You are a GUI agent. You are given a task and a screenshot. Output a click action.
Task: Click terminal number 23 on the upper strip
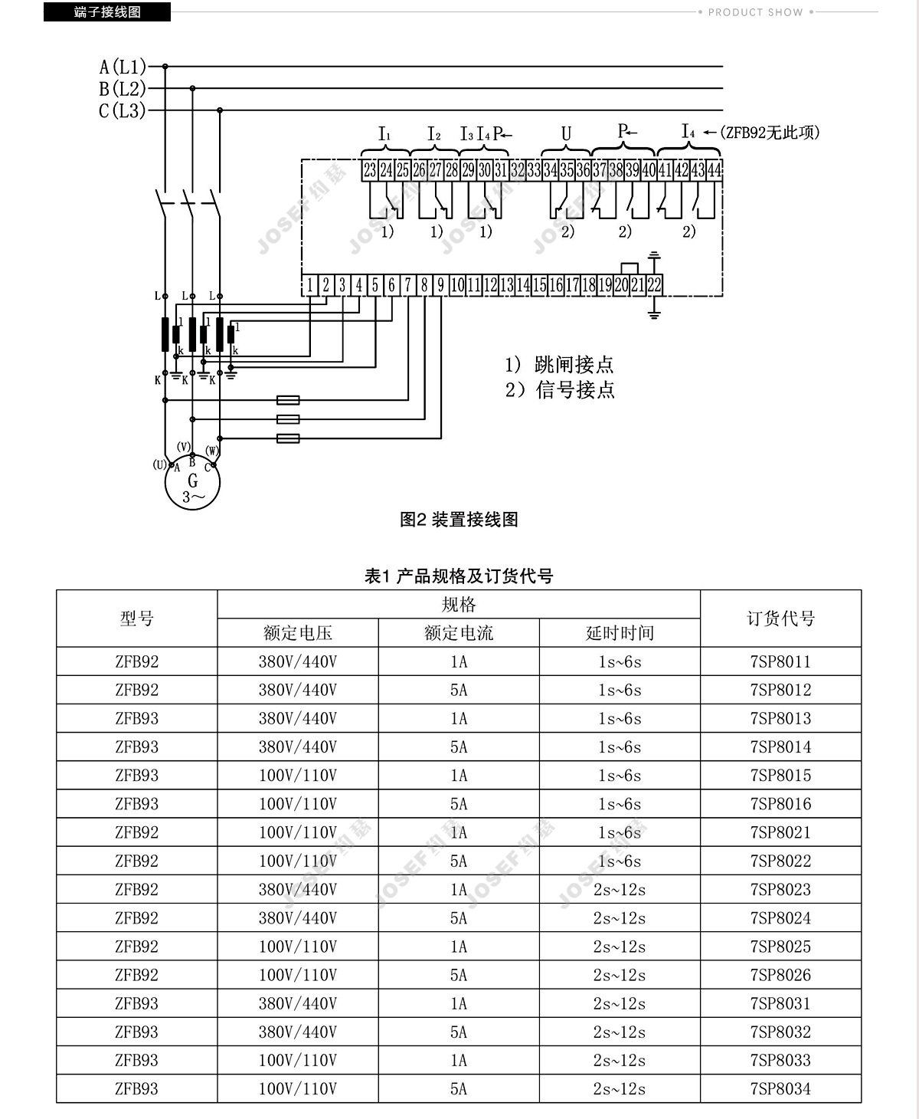tap(370, 170)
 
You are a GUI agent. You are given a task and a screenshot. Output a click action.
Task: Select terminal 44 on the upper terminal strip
tap(715, 170)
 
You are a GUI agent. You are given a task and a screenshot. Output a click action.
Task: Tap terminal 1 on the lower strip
tap(309, 285)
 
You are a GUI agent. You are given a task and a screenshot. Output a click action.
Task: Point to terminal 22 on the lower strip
tap(654, 285)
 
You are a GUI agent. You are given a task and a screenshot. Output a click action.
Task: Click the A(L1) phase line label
tap(123, 67)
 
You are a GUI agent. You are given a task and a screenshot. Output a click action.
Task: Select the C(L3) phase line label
tap(122, 110)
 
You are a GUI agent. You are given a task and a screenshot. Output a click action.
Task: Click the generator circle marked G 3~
tap(192, 482)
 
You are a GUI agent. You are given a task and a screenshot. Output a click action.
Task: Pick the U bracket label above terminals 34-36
tap(567, 133)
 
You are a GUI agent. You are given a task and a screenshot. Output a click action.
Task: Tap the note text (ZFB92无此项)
tap(770, 132)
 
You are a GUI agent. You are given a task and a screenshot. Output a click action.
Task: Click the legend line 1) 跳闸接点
tap(560, 365)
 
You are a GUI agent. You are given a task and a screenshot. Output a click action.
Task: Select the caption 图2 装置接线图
tap(459, 520)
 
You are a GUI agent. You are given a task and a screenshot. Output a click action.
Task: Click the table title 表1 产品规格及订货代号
tap(459, 576)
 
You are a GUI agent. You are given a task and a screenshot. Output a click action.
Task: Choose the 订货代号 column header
tap(780, 618)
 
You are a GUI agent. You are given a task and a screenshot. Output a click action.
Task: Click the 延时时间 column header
tap(620, 632)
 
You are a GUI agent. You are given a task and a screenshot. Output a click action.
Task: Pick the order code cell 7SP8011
tap(780, 661)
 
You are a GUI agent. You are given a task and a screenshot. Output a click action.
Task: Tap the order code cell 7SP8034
tap(780, 1089)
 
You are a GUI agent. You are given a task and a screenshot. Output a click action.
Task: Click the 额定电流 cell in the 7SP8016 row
tap(459, 804)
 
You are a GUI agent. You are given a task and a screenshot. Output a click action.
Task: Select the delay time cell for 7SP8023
tap(620, 889)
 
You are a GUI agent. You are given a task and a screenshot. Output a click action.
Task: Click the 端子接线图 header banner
tap(107, 11)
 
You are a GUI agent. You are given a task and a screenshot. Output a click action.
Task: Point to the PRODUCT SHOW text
tap(756, 12)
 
